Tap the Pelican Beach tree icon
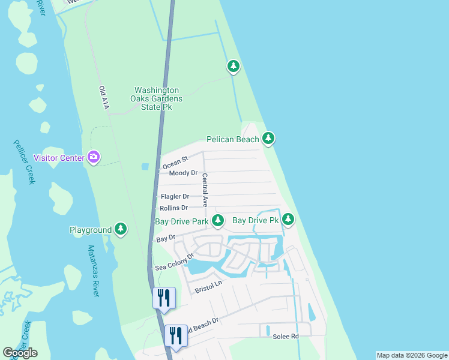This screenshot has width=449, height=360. (x=268, y=139)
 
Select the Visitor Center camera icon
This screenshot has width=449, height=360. (x=93, y=158)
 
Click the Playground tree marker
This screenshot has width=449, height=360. (x=121, y=229)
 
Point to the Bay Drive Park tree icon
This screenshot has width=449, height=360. (x=217, y=221)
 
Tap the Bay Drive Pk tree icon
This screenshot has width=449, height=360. (x=288, y=220)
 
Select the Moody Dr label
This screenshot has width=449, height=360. (x=183, y=173)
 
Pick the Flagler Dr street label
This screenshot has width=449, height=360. (x=175, y=196)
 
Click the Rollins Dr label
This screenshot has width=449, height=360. (x=173, y=208)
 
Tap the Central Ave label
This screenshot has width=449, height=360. (x=205, y=190)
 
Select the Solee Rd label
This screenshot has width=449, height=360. (x=286, y=336)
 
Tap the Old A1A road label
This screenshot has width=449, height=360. (x=104, y=98)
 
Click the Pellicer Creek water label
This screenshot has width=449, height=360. (x=23, y=162)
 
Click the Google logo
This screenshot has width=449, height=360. (x=20, y=353)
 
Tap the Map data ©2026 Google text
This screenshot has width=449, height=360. (x=412, y=355)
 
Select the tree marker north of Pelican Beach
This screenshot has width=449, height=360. (x=233, y=67)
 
